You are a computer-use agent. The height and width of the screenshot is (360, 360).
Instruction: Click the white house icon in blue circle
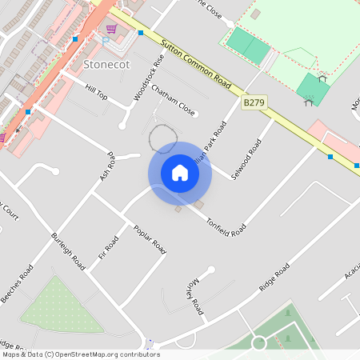[180, 173]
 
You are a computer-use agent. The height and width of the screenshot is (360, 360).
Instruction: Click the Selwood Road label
[246, 159]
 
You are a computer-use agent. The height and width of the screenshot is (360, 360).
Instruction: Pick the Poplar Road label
[150, 238]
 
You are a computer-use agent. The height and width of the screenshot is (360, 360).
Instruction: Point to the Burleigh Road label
[68, 250]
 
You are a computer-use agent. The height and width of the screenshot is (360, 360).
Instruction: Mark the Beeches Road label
[17, 285]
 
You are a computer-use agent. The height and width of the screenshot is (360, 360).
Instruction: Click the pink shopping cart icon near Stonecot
[111, 29]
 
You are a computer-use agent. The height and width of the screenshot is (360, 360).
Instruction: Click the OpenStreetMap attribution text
[80, 354]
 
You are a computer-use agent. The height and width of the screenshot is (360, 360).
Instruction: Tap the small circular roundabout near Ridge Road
[258, 343]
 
